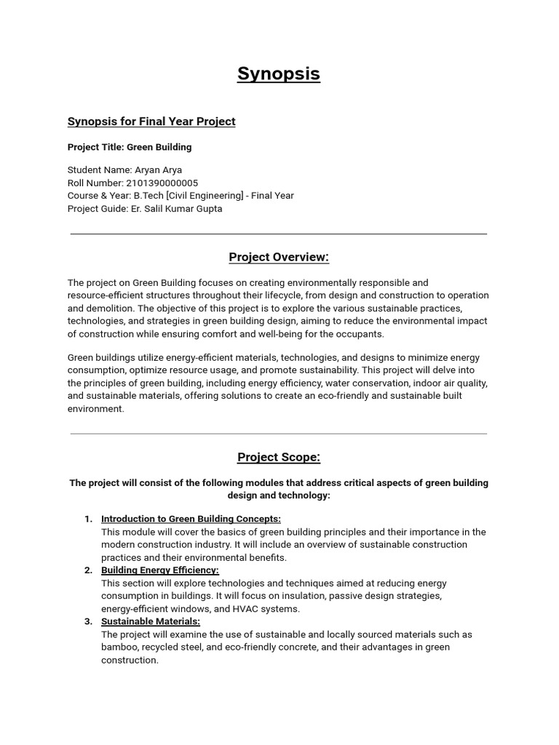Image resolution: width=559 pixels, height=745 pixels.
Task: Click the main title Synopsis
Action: pyautogui.click(x=279, y=74)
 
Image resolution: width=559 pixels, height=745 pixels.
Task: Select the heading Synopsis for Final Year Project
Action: pyautogui.click(x=151, y=121)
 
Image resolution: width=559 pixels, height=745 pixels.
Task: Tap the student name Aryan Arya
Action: pyautogui.click(x=159, y=170)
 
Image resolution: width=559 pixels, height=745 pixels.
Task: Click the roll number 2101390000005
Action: pyautogui.click(x=162, y=183)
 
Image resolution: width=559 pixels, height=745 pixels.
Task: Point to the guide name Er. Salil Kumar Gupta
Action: pyautogui.click(x=177, y=209)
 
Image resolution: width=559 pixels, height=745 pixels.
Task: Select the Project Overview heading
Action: pyautogui.click(x=279, y=257)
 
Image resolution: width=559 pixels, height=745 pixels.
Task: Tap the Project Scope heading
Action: pyautogui.click(x=279, y=457)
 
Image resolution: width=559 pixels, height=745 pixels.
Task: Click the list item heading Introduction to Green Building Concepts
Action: pyautogui.click(x=191, y=519)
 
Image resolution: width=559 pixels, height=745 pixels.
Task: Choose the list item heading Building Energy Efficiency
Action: pyautogui.click(x=159, y=570)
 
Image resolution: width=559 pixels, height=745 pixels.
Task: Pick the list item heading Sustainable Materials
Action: pyautogui.click(x=150, y=621)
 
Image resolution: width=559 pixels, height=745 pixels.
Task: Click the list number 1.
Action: pyautogui.click(x=88, y=519)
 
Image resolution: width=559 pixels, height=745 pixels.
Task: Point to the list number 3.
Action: pyautogui.click(x=88, y=621)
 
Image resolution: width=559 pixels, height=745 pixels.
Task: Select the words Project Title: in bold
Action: pyautogui.click(x=95, y=147)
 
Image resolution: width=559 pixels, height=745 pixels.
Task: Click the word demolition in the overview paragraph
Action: pyautogui.click(x=111, y=308)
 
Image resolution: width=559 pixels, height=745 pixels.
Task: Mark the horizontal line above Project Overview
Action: pyautogui.click(x=279, y=234)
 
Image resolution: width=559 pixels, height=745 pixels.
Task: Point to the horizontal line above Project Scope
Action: pyautogui.click(x=279, y=434)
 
